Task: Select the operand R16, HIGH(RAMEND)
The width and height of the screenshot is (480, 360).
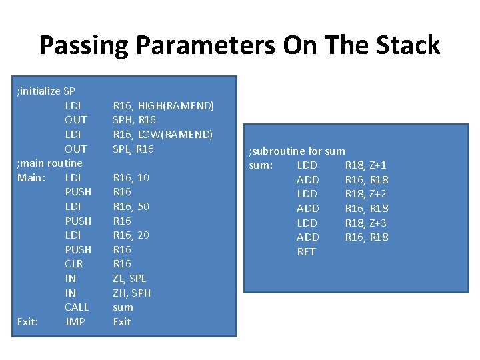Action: pos(163,105)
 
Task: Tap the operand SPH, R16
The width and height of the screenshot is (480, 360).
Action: pos(134,120)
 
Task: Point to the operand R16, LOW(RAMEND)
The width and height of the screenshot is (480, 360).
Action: pos(163,134)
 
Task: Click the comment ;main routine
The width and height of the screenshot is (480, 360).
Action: pos(49,163)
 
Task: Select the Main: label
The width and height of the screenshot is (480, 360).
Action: pos(30,177)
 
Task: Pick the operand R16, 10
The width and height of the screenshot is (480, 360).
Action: pos(131,177)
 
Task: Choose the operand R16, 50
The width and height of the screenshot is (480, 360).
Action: pos(131,206)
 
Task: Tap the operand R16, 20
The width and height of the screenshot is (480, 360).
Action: pos(131,235)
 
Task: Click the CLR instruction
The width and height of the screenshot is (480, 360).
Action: pos(74,264)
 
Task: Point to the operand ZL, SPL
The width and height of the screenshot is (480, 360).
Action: pos(129,278)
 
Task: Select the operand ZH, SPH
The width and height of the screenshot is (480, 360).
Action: pos(131,293)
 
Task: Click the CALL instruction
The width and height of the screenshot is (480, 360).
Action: pos(77,307)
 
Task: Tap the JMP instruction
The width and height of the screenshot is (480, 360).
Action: pos(75,321)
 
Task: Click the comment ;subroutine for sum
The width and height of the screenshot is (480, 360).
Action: pos(297,151)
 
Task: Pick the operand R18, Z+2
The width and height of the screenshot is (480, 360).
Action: pos(365,194)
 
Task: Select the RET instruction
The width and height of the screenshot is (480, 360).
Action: pos(306,251)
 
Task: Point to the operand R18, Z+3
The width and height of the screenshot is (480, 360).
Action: pos(365,223)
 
